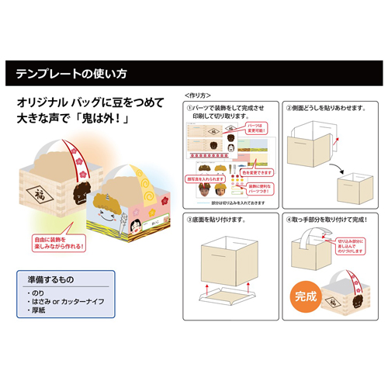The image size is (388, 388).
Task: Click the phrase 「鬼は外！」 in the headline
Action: tap(105, 121)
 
